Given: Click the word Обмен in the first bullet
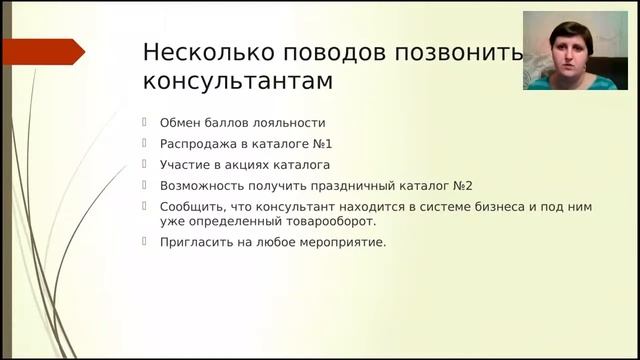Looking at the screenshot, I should click(x=180, y=123).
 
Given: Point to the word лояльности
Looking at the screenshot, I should click(x=289, y=123).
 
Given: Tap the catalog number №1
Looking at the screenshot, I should click(x=321, y=143).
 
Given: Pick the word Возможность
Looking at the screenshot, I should click(x=199, y=185).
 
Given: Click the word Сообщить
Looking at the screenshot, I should click(x=191, y=206).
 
